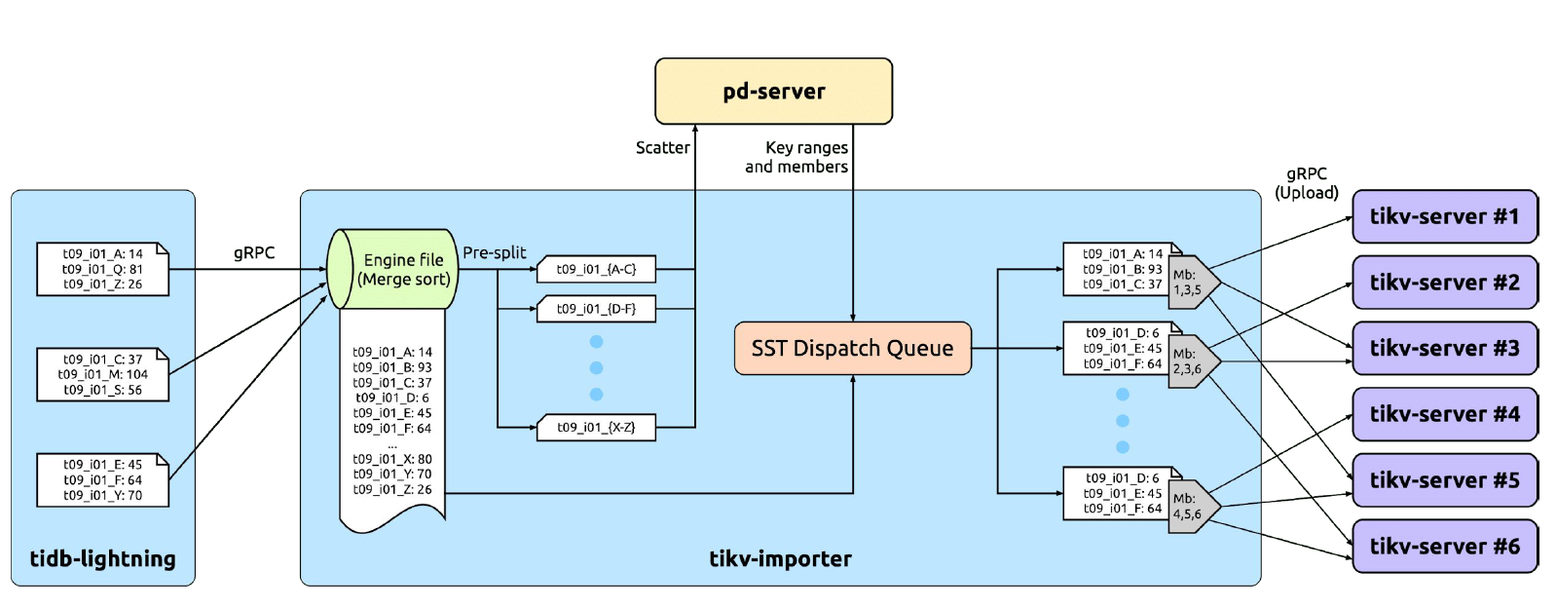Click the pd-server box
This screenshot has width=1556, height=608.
(773, 92)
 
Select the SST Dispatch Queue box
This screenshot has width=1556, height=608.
(852, 348)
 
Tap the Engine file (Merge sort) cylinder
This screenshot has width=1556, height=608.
(394, 269)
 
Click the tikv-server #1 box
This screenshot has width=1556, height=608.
(1444, 216)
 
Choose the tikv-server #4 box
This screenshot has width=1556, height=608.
(1444, 414)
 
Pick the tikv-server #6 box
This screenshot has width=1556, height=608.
(1444, 546)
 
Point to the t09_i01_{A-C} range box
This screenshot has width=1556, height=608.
(596, 269)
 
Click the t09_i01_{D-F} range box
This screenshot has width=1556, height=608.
(596, 309)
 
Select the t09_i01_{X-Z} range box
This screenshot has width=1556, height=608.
(596, 427)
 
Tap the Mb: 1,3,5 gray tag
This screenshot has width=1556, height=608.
(1192, 283)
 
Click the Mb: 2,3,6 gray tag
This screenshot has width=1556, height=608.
(1192, 361)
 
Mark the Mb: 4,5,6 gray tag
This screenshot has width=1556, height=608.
(1192, 507)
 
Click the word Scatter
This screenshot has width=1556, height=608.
(662, 147)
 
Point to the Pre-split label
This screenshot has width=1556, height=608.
(494, 252)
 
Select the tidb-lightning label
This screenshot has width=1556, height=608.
(102, 558)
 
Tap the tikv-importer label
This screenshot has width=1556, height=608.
(780, 558)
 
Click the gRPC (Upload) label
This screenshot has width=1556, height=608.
(1307, 183)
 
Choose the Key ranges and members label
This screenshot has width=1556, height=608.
(797, 157)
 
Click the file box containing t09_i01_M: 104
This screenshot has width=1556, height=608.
(102, 374)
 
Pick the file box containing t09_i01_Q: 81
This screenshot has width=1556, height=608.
(102, 269)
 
